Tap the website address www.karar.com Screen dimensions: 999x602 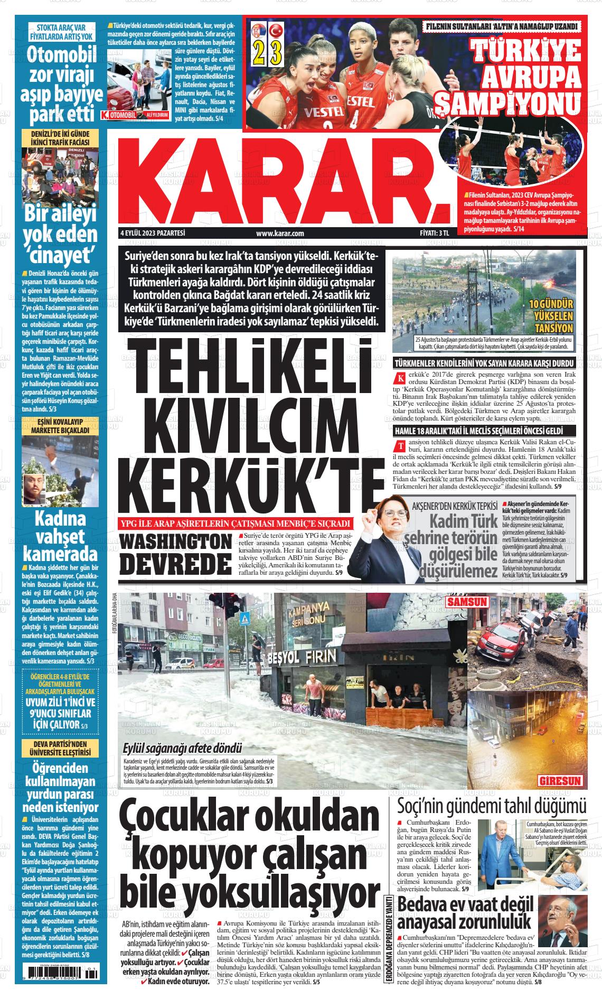click(279, 233)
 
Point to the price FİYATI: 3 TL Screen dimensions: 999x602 click(430, 233)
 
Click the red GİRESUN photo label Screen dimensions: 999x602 click(560, 780)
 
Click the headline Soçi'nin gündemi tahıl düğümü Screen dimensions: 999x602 click(492, 806)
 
